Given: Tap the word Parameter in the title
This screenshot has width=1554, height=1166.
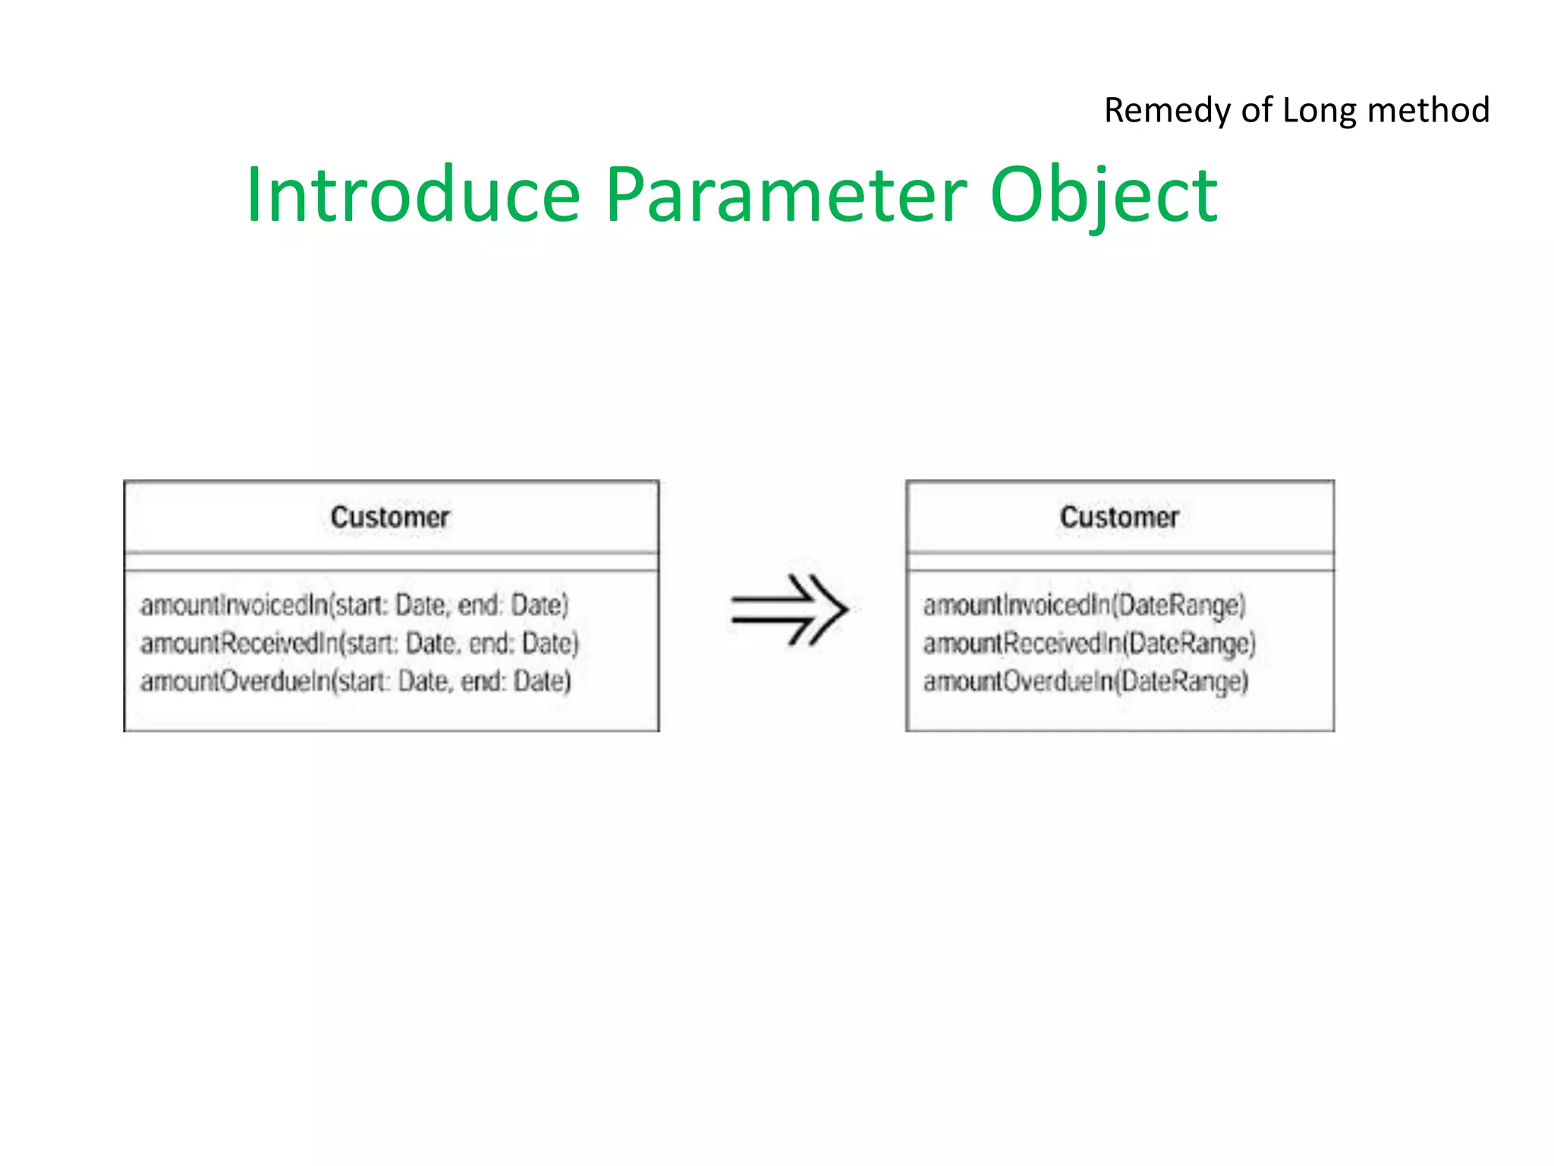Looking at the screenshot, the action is point(787,196).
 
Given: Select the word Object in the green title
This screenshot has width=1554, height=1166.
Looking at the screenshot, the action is point(1104,196).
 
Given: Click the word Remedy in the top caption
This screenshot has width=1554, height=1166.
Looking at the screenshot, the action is point(1168,110).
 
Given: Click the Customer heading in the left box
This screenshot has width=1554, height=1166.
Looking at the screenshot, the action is point(390,518).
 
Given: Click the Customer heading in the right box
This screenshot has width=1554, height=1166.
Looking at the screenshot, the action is point(1119,518).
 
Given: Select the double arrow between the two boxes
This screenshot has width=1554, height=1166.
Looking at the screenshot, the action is point(789,610).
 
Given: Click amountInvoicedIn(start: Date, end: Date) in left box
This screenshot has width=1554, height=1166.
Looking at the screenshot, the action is point(354,605).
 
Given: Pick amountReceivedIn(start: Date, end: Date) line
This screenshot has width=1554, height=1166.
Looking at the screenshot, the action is point(360,644).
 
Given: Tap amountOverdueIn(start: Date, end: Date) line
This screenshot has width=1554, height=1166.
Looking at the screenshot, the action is point(355,682).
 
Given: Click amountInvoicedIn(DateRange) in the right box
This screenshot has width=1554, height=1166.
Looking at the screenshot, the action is point(1084,605).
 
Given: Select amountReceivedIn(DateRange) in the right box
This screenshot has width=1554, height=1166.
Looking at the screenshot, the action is point(1090,644).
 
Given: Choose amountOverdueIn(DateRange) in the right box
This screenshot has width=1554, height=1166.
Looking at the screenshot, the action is point(1085,682).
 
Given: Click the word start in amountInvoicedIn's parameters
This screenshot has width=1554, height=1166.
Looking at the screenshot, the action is point(361,605).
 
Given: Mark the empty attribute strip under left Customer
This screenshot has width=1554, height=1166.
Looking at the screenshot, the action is point(391,562).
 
